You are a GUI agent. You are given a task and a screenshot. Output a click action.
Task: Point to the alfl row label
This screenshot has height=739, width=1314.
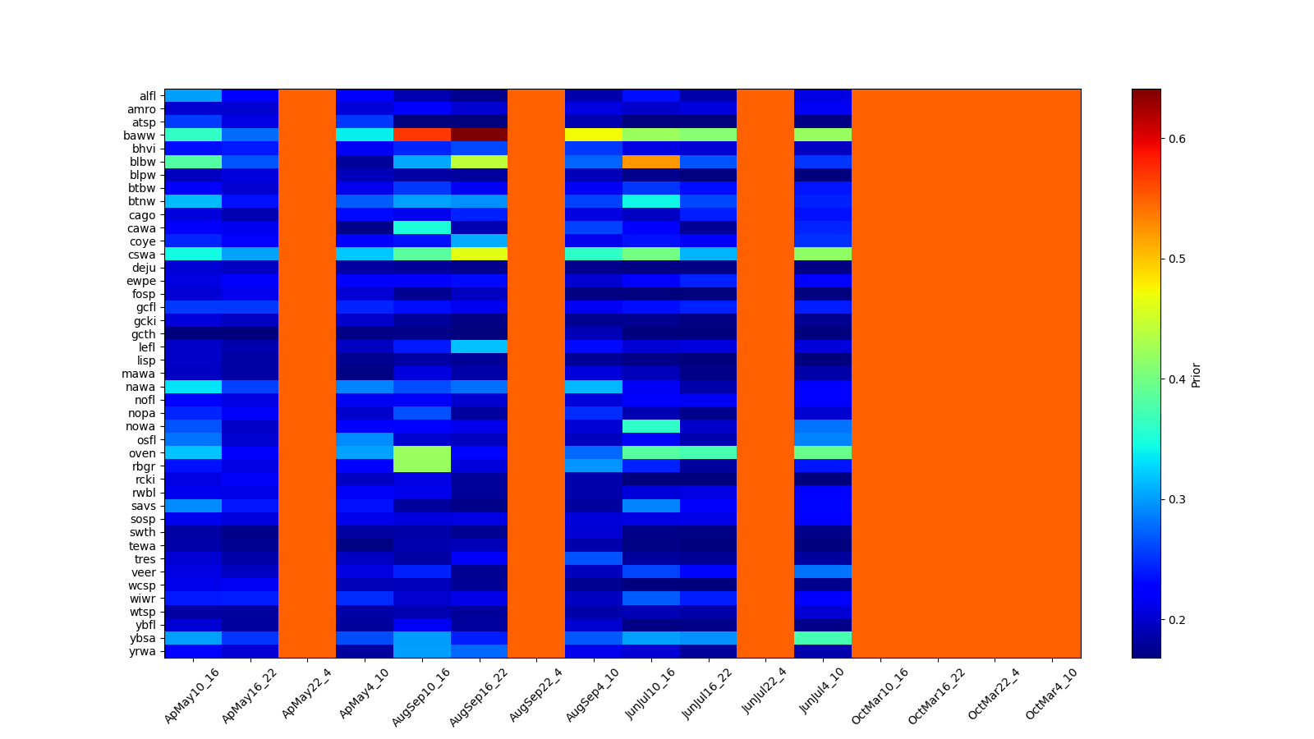tap(147, 96)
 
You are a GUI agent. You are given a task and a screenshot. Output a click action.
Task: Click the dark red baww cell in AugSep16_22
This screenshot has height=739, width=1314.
tap(479, 135)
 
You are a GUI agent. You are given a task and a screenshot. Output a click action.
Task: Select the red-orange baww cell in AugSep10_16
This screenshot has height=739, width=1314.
tap(421, 135)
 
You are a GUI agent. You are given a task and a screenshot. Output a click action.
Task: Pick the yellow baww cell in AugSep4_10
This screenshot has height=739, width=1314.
tap(593, 135)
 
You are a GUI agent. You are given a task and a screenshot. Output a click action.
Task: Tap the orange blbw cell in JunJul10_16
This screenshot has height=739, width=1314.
tap(650, 162)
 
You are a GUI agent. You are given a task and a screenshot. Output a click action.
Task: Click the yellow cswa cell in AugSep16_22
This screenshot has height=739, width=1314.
tap(479, 255)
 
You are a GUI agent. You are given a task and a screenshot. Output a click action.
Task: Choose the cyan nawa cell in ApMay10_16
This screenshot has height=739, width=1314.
tap(192, 387)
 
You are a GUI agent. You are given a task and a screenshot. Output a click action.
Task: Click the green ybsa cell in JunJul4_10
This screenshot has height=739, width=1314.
tap(822, 638)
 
